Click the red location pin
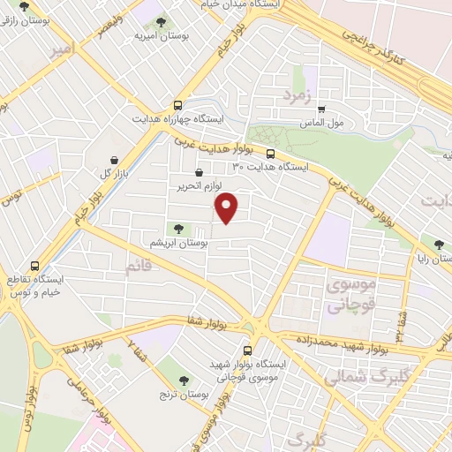click(227, 208)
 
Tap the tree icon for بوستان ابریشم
click(180, 229)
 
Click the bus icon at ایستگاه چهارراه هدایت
click(180, 103)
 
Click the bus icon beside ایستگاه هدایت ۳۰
click(270, 153)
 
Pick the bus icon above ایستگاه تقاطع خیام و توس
click(35, 265)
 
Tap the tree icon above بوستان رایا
click(439, 244)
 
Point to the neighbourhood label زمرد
click(298, 95)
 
